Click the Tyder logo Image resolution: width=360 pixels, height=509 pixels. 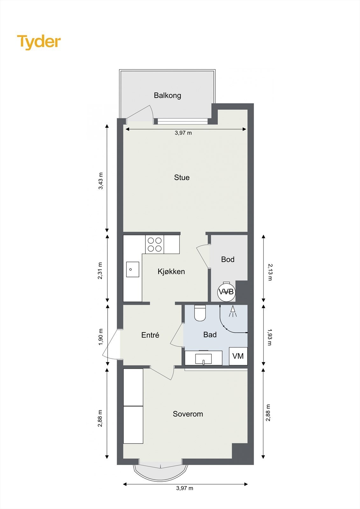pyautogui.click(x=39, y=42)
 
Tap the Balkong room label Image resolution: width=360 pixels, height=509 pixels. pyautogui.click(x=167, y=95)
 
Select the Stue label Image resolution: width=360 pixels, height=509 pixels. pyautogui.click(x=182, y=178)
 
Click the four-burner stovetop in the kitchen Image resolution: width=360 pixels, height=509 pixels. pyautogui.click(x=155, y=244)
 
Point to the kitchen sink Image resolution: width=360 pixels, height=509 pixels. pyautogui.click(x=132, y=269)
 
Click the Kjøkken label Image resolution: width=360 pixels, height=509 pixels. pyautogui.click(x=171, y=271)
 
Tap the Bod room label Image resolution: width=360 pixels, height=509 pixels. pyautogui.click(x=228, y=259)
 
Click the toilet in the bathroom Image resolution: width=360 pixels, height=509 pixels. pyautogui.click(x=200, y=313)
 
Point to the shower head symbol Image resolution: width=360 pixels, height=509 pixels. pyautogui.click(x=233, y=311)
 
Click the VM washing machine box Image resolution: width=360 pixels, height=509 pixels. pyautogui.click(x=238, y=356)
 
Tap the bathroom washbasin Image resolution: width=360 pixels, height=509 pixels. pyautogui.click(x=204, y=358)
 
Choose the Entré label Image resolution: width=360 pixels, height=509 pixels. pyautogui.click(x=150, y=335)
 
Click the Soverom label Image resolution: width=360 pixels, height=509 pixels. pyautogui.click(x=188, y=414)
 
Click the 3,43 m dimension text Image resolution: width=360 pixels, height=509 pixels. pyautogui.click(x=101, y=181)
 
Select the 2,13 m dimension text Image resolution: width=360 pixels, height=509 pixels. pyautogui.click(x=270, y=272)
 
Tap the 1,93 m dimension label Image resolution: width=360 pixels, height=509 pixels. pyautogui.click(x=270, y=337)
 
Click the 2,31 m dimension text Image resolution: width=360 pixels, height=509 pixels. pyautogui.click(x=101, y=271)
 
